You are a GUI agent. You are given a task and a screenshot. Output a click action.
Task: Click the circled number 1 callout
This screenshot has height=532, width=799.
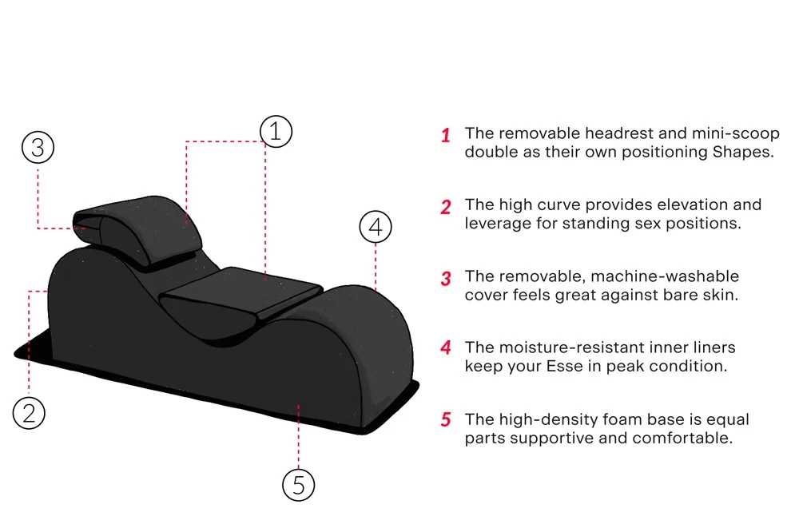pos(276,131)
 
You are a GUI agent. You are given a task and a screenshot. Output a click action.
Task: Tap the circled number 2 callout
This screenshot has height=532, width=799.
pos(29,413)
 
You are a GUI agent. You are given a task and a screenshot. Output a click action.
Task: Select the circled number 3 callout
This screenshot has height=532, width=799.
pos(38,147)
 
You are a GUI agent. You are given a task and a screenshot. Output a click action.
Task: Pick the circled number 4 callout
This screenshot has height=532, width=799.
pos(376,227)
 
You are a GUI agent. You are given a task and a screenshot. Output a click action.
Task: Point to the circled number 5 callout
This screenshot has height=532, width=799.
pos(298,484)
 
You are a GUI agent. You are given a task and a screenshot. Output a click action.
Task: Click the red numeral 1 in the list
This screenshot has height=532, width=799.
pos(446,135)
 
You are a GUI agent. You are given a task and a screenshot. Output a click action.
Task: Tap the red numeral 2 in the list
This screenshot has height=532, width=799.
pos(446,207)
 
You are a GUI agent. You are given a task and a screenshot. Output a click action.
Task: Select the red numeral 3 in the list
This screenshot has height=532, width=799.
pos(446,279)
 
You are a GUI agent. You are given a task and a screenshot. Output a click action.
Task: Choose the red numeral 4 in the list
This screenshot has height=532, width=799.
pos(446,348)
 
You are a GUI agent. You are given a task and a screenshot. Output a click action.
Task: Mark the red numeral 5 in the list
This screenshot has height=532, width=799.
pos(446,420)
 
